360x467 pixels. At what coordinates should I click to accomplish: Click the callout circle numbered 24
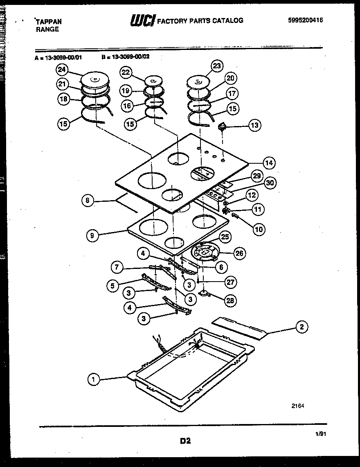pos(62,70)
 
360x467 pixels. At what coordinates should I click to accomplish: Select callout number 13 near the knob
pos(254,125)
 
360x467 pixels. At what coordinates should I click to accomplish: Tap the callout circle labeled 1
pos(94,380)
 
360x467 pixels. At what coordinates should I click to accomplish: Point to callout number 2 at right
pos(301,327)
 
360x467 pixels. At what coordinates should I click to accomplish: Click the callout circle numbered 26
pos(239,253)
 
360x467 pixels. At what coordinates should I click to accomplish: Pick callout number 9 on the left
pos(93,235)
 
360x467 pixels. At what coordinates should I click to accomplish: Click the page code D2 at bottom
pos(185,441)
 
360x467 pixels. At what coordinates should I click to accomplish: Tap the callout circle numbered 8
pos(88,201)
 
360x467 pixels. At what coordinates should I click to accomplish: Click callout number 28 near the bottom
pos(231,301)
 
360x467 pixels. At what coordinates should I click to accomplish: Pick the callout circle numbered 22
pos(126,73)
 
